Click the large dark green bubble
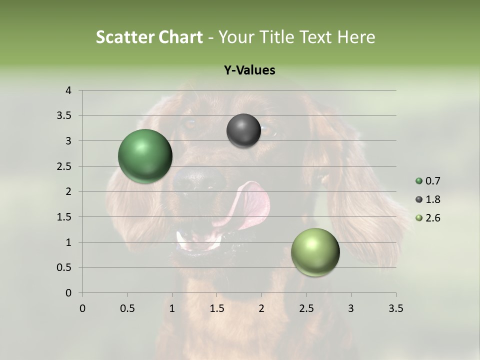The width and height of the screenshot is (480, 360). pyautogui.click(x=145, y=156)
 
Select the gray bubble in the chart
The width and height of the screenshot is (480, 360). pyautogui.click(x=243, y=130)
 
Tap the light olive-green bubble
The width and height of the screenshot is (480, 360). pyautogui.click(x=315, y=252)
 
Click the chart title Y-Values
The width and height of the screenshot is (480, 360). pyautogui.click(x=249, y=70)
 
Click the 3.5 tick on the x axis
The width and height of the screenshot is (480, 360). pyautogui.click(x=395, y=308)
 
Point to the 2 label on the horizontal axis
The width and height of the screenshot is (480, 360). pyautogui.click(x=261, y=308)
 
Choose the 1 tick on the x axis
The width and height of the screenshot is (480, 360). pyautogui.click(x=172, y=308)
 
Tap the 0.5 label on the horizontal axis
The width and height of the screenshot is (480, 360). pyautogui.click(x=127, y=308)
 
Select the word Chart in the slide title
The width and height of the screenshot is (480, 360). pyautogui.click(x=180, y=37)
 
